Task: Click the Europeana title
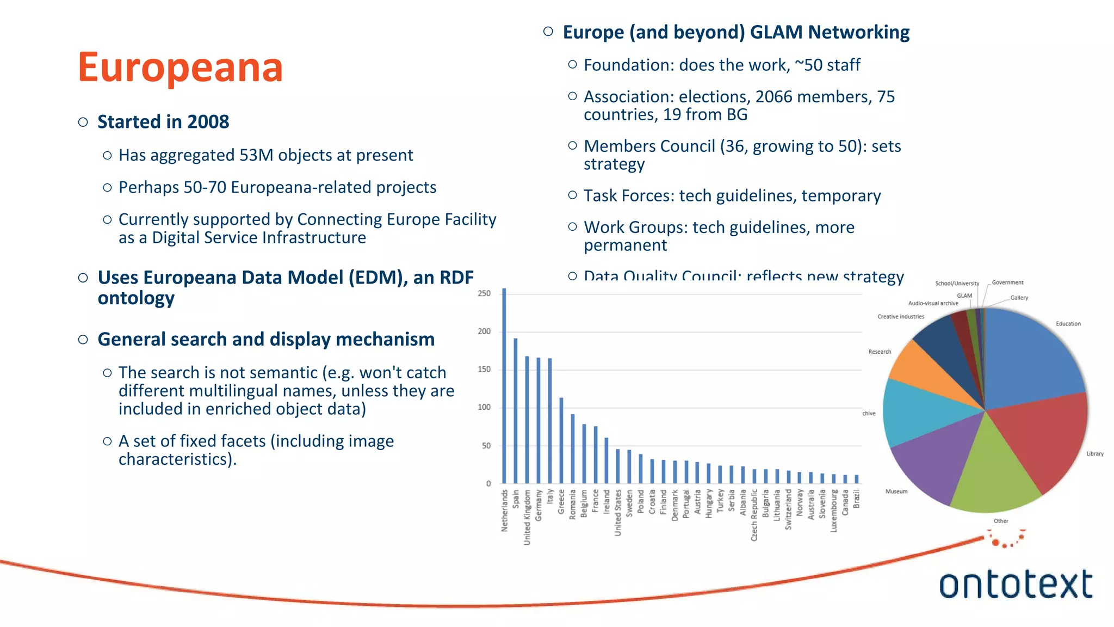pyautogui.click(x=180, y=67)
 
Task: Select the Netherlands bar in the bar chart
pyautogui.click(x=504, y=386)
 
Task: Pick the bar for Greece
pyautogui.click(x=561, y=441)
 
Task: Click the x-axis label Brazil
pyautogui.click(x=857, y=499)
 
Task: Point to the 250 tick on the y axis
pyautogui.click(x=484, y=293)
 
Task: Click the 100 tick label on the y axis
pyautogui.click(x=484, y=407)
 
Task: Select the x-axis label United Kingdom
pyautogui.click(x=527, y=517)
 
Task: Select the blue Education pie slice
pyautogui.click(x=1028, y=359)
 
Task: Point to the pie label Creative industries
pyautogui.click(x=901, y=317)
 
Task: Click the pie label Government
pyautogui.click(x=1007, y=282)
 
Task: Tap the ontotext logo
pyautogui.click(x=1016, y=584)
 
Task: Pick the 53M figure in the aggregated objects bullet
pyautogui.click(x=256, y=156)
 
